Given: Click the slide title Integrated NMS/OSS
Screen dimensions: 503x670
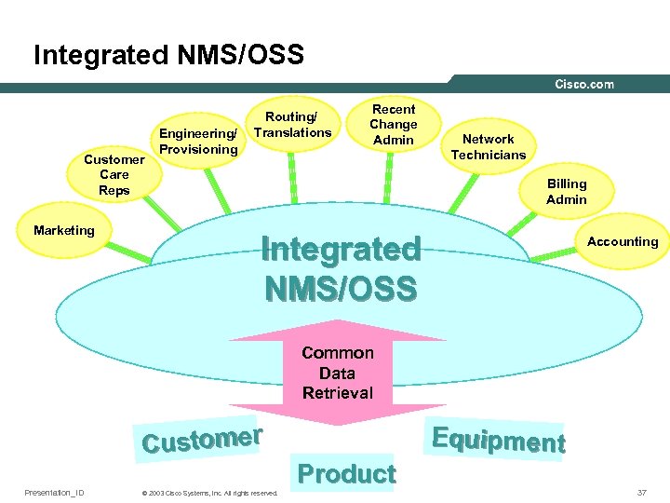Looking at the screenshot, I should pyautogui.click(x=168, y=55).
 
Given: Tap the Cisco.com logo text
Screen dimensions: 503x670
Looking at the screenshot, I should pyautogui.click(x=584, y=84).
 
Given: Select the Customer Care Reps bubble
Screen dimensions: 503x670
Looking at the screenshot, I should pyautogui.click(x=114, y=175).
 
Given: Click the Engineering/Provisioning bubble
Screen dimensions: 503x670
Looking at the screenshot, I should pyautogui.click(x=198, y=142).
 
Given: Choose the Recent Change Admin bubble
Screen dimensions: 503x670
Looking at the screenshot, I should pyautogui.click(x=394, y=124).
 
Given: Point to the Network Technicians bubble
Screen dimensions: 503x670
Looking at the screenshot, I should pyautogui.click(x=489, y=147).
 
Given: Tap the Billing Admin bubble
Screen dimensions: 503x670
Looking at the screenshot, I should pyautogui.click(x=566, y=192).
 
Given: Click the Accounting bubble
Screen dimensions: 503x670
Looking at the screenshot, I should pyautogui.click(x=623, y=241).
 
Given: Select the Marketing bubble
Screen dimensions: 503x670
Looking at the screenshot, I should pyautogui.click(x=64, y=230).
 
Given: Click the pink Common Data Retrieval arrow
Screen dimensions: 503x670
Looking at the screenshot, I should pyautogui.click(x=337, y=373).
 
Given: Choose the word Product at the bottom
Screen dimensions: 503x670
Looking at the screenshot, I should pyautogui.click(x=347, y=474).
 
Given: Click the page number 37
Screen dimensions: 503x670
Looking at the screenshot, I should pyautogui.click(x=642, y=492).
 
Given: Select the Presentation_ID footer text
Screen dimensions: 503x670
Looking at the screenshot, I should pyautogui.click(x=54, y=492).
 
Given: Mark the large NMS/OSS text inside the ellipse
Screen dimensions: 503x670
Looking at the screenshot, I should pyautogui.click(x=340, y=289).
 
